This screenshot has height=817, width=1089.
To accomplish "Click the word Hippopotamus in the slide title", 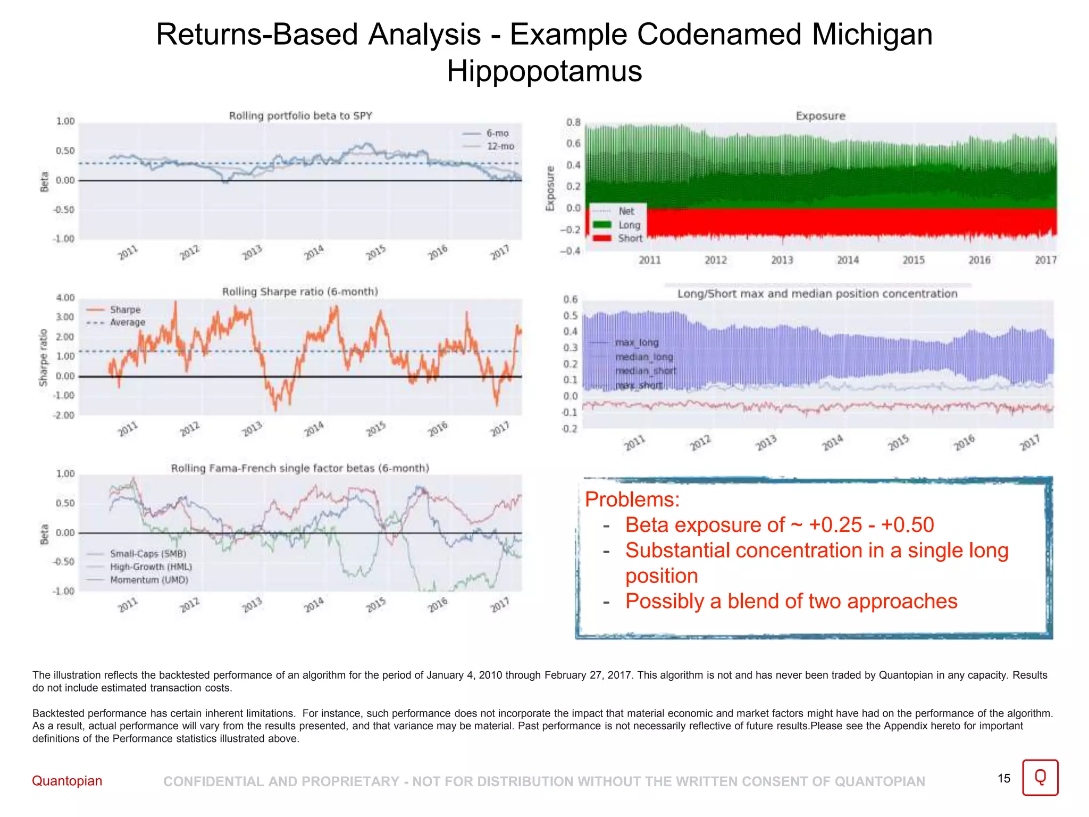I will (544, 71).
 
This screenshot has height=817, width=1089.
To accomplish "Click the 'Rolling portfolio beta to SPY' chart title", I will (300, 116).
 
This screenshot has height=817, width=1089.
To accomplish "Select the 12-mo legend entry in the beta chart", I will (500, 146).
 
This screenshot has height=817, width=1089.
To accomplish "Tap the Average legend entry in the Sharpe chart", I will (127, 322).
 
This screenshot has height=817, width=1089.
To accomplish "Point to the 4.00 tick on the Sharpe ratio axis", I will (65, 298).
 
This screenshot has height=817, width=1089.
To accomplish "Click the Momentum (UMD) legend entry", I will (149, 580).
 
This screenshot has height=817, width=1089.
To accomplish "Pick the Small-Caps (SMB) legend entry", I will (148, 554).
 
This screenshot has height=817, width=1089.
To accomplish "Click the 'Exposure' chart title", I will (820, 116).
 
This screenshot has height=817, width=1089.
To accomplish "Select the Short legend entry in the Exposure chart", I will (630, 238).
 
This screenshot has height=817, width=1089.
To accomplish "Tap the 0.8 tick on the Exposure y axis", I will (573, 122).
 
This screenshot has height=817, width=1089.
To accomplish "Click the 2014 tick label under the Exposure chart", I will (848, 260).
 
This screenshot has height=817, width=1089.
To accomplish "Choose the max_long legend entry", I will (636, 343).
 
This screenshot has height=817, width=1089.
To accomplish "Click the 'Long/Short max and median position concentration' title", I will (817, 294).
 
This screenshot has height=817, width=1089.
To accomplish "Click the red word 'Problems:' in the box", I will (632, 499).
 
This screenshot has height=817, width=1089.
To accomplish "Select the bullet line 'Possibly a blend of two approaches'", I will (791, 601).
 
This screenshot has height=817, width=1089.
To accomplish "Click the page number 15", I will (1003, 779).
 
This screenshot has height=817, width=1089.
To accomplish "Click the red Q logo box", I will (1040, 778).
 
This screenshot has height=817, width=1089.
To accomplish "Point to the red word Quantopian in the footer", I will (67, 781).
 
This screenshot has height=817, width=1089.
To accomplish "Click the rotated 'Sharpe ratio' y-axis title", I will (44, 357).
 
